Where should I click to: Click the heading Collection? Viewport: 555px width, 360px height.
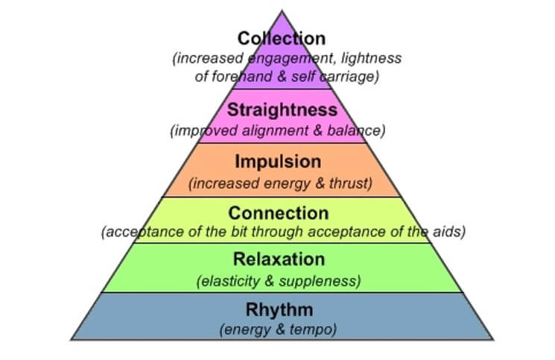click(282, 38)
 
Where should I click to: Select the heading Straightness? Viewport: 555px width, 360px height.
click(282, 110)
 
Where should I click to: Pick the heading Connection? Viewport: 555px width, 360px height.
click(279, 213)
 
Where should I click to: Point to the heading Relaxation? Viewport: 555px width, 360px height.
click(279, 260)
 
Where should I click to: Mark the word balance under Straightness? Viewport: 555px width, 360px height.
click(356, 131)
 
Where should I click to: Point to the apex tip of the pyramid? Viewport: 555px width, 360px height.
click(282, 10)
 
